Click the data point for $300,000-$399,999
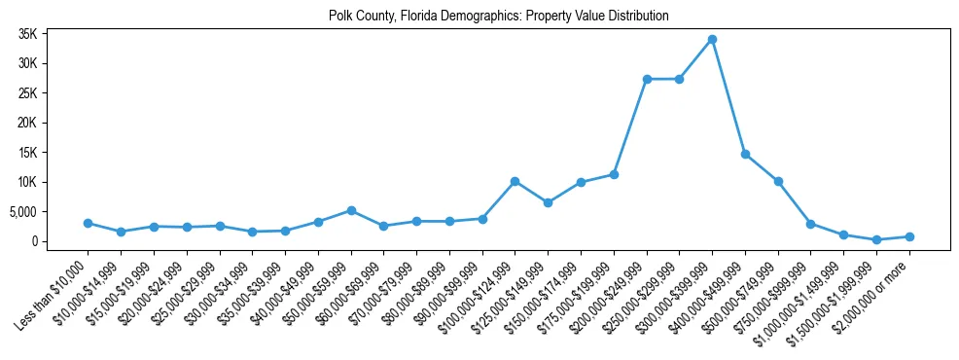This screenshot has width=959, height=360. point(712,40)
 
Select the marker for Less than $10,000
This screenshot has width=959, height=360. point(88,223)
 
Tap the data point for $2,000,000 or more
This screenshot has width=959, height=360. point(909,236)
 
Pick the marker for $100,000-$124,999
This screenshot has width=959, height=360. point(515,181)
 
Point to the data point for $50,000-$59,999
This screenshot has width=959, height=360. point(351,210)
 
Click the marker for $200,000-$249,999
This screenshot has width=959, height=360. point(647,79)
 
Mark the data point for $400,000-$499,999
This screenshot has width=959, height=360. point(745,154)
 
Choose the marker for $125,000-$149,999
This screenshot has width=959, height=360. point(548,202)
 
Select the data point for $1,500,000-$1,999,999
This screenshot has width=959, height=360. point(876,239)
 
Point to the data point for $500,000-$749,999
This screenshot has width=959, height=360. point(778,181)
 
